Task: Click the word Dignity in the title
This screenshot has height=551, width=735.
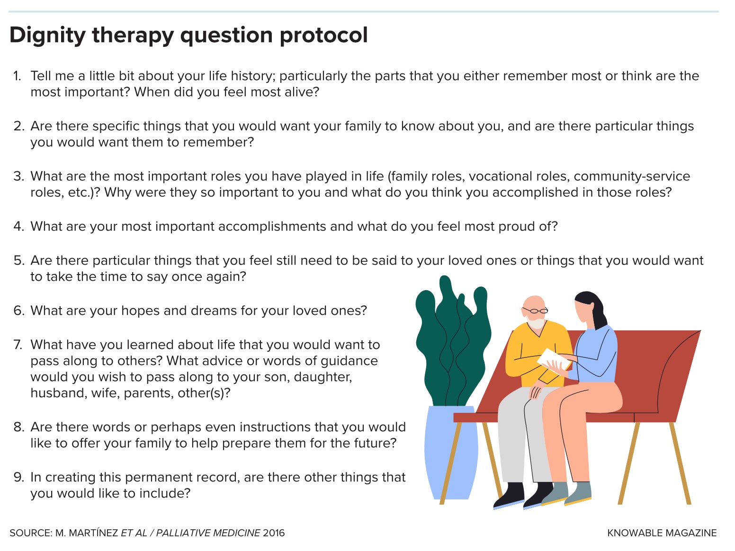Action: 47,35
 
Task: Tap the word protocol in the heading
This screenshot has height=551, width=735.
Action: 324,35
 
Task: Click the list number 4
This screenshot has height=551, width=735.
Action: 19,226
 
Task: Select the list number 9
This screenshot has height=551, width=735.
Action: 19,478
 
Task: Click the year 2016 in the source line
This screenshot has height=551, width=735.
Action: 274,533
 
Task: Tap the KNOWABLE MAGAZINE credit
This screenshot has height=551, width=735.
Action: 662,533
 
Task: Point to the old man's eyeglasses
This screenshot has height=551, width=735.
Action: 536,311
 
